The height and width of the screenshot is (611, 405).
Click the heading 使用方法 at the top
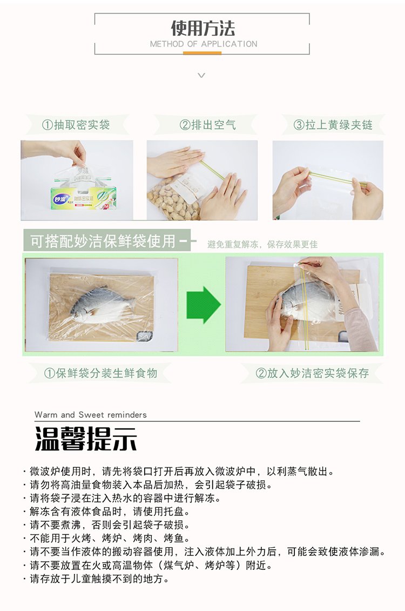pos(202,28)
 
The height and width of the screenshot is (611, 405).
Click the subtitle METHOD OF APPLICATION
pos(204,44)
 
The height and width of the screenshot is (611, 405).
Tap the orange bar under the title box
pos(202,53)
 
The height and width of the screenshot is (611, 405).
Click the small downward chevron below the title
pos(201,75)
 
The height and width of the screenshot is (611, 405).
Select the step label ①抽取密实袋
pos(76,125)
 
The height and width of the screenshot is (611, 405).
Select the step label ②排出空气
pos(207,125)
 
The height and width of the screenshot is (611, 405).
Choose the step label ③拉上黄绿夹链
pos(333,125)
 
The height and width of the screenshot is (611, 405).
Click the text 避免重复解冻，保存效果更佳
pos(262,244)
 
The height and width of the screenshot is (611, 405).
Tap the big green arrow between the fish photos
pos(203,305)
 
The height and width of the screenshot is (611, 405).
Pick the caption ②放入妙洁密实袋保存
pos(312,373)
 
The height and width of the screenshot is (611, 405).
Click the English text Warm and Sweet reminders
pos(90,414)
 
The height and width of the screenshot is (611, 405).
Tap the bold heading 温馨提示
pos(86,439)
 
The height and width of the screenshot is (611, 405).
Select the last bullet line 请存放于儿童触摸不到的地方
pos(97,579)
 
